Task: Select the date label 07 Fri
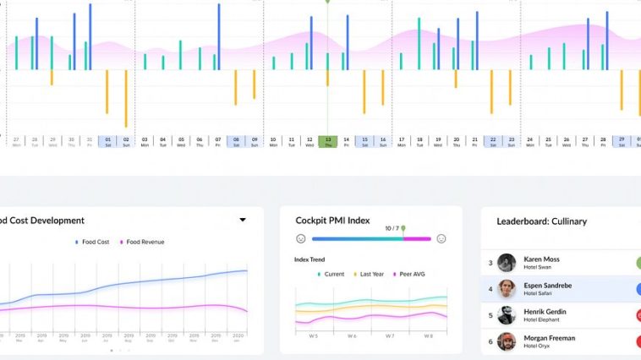tap(218, 141)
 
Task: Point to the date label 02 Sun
tap(126, 141)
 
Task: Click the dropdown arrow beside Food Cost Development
tap(243, 220)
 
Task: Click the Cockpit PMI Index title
tap(332, 221)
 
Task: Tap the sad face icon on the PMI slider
tap(300, 239)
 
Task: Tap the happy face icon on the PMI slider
tap(441, 239)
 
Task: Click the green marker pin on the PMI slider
tap(403, 229)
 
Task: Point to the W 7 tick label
tap(389, 336)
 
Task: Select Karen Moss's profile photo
tap(507, 263)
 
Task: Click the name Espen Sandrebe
tap(547, 286)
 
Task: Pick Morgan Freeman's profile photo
tap(507, 341)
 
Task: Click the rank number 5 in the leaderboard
tap(490, 316)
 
